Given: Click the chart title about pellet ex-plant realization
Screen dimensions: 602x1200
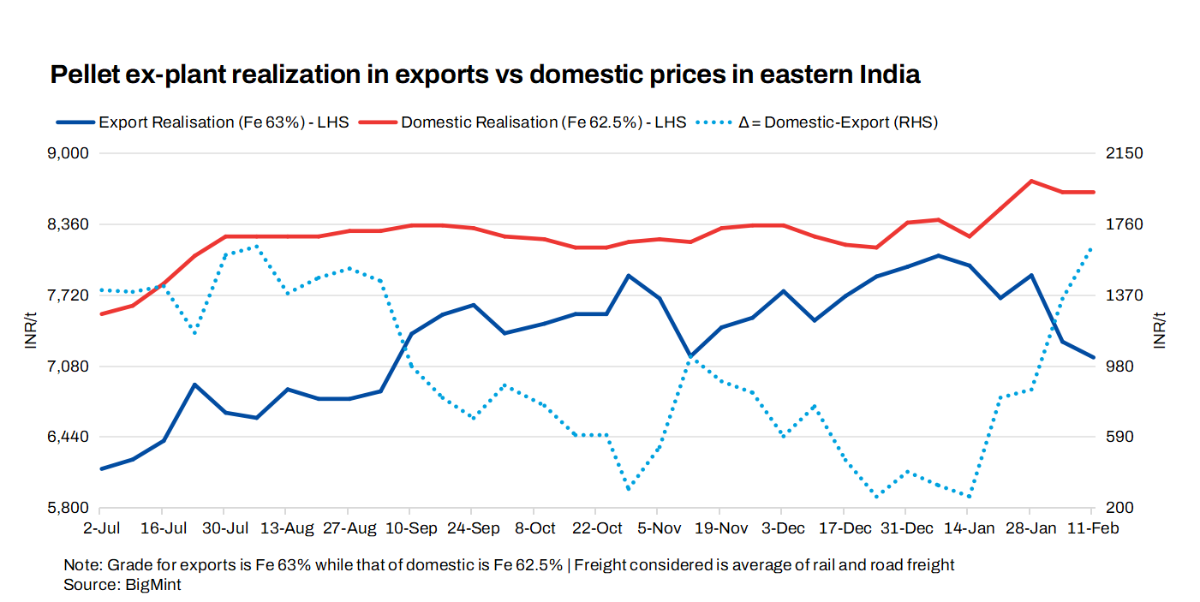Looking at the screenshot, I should click(x=485, y=75).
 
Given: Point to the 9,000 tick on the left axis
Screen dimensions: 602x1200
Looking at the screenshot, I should click(x=71, y=154).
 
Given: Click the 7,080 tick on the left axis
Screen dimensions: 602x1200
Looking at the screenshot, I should click(x=71, y=367).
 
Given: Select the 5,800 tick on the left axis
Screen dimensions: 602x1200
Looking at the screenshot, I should click(x=71, y=509).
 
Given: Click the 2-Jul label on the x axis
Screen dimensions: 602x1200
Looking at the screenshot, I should click(x=101, y=528).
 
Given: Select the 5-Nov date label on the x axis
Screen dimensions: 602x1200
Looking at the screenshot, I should click(x=659, y=528).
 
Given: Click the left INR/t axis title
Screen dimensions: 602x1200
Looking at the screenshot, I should click(x=32, y=331).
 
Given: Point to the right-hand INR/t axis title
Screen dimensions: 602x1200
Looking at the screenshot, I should click(x=1161, y=331).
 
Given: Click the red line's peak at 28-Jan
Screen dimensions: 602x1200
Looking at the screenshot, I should click(x=1031, y=181).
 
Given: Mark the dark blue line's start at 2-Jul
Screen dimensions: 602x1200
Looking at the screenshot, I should click(x=101, y=468).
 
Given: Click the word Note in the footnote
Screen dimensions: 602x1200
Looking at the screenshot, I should click(x=80, y=565).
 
